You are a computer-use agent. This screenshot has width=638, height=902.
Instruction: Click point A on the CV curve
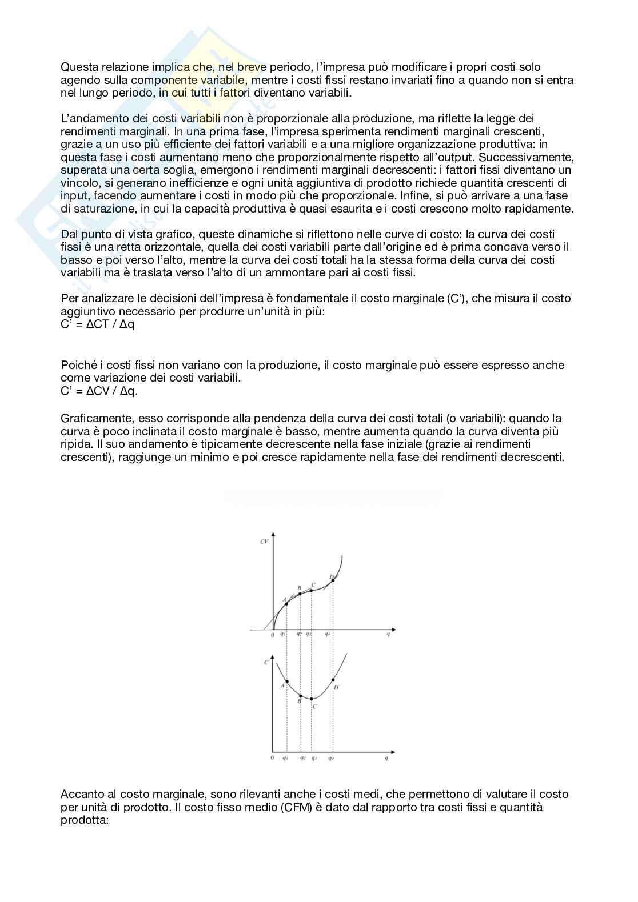286,604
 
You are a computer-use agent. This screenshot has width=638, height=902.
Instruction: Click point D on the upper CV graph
333,580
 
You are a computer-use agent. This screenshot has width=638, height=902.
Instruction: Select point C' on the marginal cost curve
311,699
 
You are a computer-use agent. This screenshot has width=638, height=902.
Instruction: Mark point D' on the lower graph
333,680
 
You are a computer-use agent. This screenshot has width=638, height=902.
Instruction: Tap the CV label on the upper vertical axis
264,540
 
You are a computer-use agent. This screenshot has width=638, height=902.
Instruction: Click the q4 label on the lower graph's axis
331,758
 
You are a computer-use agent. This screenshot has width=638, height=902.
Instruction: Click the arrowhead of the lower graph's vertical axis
272,657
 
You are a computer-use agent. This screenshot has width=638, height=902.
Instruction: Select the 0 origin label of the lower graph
272,758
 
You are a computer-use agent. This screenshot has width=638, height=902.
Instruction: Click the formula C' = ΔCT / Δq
97,324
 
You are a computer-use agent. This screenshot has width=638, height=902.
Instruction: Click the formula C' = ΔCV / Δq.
99,391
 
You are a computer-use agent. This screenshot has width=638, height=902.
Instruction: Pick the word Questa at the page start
77,67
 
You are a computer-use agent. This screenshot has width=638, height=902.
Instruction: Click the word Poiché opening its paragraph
77,365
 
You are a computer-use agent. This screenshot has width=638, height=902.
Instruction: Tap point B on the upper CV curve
300,594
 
